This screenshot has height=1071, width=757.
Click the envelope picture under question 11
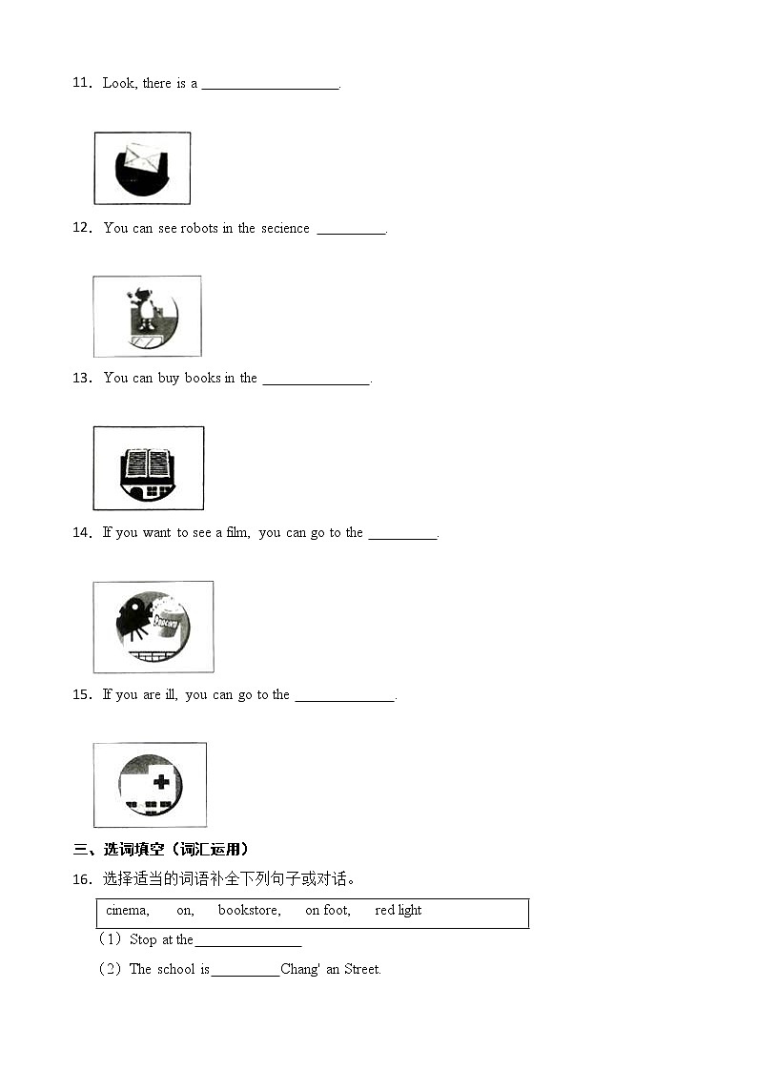(x=142, y=167)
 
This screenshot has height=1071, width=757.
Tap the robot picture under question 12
(x=147, y=316)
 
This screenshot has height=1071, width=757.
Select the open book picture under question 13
(x=148, y=467)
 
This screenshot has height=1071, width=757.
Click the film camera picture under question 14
(x=153, y=627)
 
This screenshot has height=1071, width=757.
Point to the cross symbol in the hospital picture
(x=161, y=782)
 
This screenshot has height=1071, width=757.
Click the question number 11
(x=81, y=83)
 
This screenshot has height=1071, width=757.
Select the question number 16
(x=81, y=878)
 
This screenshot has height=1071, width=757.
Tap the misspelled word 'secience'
(x=285, y=228)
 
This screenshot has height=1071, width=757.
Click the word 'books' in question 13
(x=202, y=378)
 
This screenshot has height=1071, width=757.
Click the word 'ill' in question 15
(x=171, y=694)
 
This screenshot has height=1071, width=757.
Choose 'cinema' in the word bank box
(x=127, y=911)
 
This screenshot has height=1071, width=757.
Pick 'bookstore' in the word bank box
(x=249, y=911)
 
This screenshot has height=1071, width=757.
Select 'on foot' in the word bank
(x=327, y=911)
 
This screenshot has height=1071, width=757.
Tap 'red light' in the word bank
(x=398, y=911)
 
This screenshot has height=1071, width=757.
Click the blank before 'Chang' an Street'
(x=245, y=971)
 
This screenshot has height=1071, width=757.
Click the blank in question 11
(x=271, y=84)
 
